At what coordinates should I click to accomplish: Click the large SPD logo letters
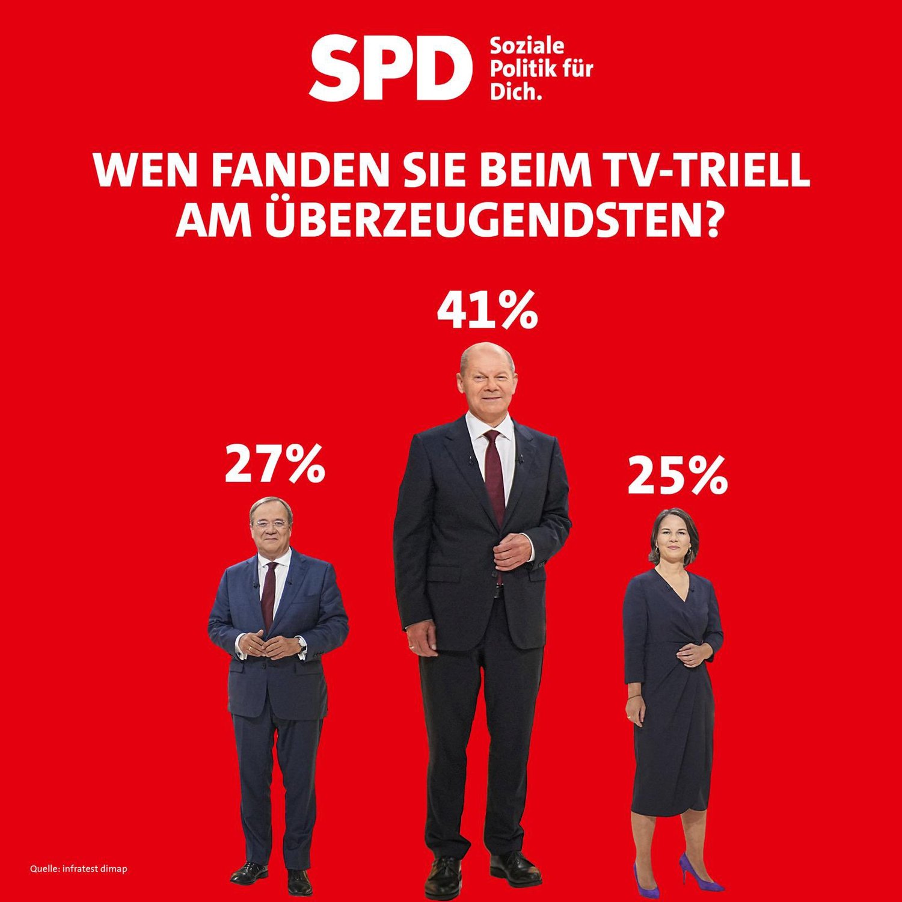click(390, 68)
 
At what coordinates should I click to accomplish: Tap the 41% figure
click(487, 310)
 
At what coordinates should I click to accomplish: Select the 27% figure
click(275, 464)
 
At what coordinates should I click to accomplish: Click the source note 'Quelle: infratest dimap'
click(79, 868)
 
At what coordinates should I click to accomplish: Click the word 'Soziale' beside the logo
click(527, 46)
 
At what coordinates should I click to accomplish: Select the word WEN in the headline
click(146, 170)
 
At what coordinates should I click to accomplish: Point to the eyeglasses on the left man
click(271, 524)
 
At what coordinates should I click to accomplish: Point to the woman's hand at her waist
click(694, 655)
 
